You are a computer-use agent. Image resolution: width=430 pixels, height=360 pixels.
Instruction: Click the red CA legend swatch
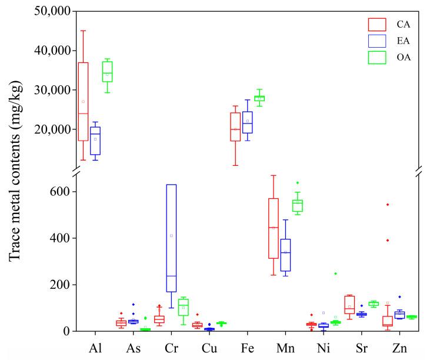click(376, 24)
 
